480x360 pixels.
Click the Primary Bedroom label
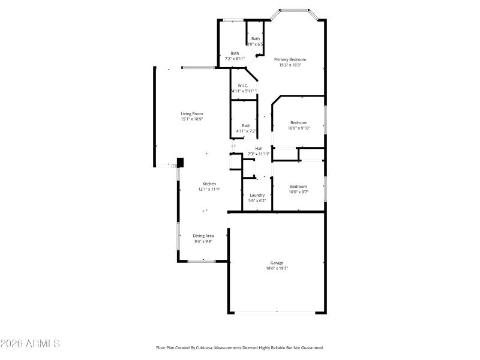point(290,59)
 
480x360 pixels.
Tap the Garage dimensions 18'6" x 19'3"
point(277,268)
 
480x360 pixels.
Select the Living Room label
point(192,113)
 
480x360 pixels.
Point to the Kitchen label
point(209,184)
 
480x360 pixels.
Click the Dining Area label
point(203,236)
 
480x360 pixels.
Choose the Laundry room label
point(257,195)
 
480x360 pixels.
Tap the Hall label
point(259,148)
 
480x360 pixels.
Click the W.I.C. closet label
point(242,86)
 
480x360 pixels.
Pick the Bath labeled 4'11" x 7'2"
point(246,125)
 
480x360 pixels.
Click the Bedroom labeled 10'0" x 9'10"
point(298,122)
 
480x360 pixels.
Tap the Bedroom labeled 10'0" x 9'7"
point(298,186)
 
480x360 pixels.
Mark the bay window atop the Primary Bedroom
point(294,10)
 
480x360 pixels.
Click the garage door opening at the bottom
point(277,312)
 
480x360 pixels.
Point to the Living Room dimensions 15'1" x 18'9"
point(192,119)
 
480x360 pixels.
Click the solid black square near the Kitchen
point(179,161)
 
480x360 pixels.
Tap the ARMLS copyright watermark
point(30,344)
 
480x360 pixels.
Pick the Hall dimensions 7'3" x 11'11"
point(259,154)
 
